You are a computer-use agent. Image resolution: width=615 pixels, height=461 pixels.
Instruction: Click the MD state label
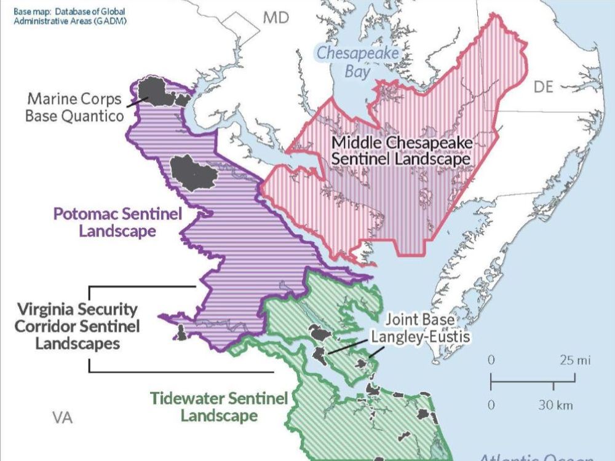pos(276,18)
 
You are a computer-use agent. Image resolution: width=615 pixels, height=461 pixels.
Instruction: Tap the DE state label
pos(543,87)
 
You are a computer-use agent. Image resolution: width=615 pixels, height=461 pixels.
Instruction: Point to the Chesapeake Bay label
pos(358,62)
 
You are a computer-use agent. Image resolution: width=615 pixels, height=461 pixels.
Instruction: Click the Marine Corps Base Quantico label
pos(74,107)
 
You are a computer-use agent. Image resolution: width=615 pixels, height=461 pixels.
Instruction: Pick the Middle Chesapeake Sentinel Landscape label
pos(402,151)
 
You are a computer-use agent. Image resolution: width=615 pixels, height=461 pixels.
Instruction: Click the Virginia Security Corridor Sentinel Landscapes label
pos(77,326)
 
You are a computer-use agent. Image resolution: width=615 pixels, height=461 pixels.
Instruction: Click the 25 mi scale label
pos(575,360)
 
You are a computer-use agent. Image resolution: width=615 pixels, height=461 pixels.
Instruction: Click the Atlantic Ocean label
pos(535,457)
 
